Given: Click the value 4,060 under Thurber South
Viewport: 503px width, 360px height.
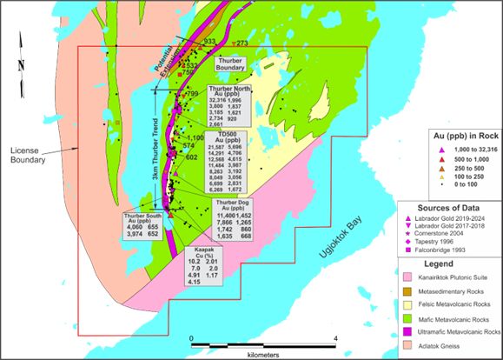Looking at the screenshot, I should tap(136, 226).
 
